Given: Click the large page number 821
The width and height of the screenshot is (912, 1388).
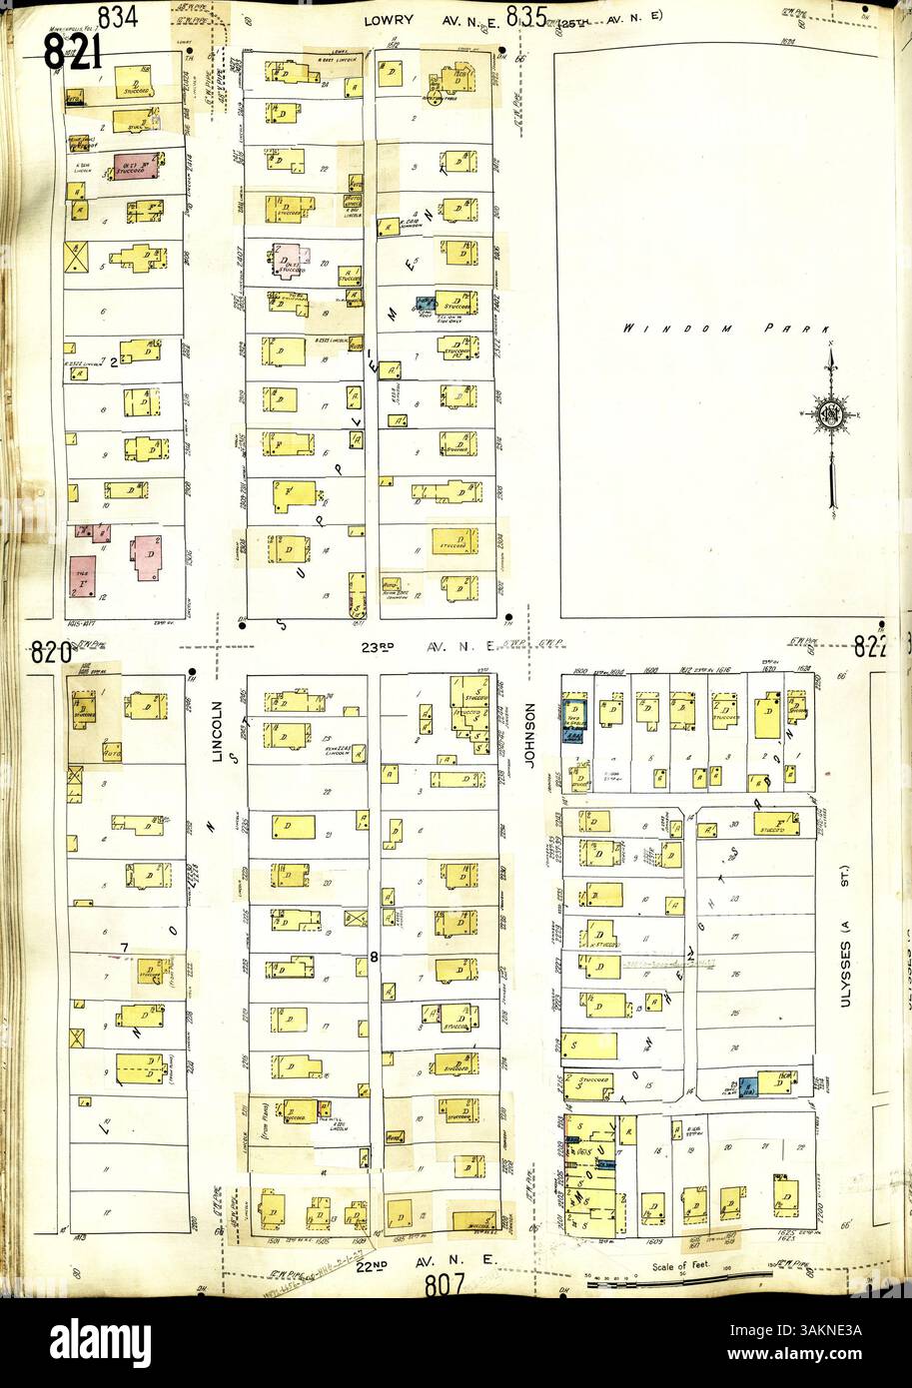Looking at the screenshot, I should (73, 51).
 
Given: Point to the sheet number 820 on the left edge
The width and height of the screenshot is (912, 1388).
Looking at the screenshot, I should (49, 653).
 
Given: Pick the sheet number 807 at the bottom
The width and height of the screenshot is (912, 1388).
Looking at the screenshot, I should (444, 1285).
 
